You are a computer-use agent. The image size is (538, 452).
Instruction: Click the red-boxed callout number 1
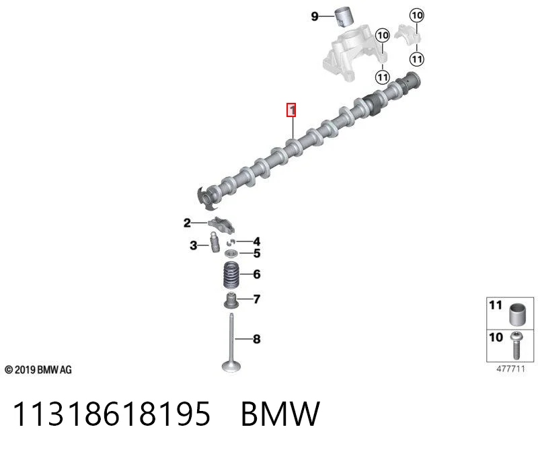291,110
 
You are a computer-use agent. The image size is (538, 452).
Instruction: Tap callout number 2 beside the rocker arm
187,223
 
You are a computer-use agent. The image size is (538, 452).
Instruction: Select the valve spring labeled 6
231,275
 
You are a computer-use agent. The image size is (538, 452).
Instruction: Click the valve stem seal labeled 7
231,300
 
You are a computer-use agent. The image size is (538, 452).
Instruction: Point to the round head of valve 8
231,366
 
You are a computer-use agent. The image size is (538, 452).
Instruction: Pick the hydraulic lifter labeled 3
215,242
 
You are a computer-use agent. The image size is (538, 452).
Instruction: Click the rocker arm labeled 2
222,225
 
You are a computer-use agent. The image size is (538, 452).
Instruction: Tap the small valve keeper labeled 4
230,242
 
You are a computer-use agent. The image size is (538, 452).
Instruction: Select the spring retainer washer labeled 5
231,254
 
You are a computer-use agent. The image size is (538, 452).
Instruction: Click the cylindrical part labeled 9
344,16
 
